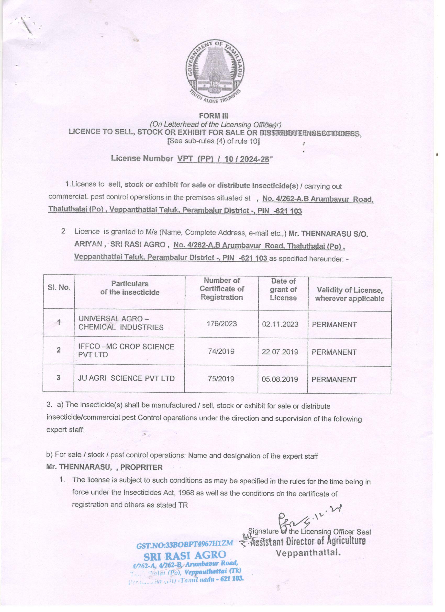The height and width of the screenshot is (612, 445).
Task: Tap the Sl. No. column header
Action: point(59,288)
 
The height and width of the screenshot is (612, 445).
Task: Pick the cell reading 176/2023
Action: point(222,324)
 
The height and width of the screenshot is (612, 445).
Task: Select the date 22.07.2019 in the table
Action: point(280,352)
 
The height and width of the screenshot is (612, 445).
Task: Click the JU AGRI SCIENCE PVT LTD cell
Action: point(126,378)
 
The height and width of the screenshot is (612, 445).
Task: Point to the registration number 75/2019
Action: point(221,379)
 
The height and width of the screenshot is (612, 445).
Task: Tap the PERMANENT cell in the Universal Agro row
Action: point(334,324)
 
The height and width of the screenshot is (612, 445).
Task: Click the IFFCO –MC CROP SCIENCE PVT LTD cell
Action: point(126,350)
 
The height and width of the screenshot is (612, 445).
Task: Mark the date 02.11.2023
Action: point(280,324)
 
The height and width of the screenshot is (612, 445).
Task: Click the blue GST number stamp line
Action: point(185,544)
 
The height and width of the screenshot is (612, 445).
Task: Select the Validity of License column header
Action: point(350,294)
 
